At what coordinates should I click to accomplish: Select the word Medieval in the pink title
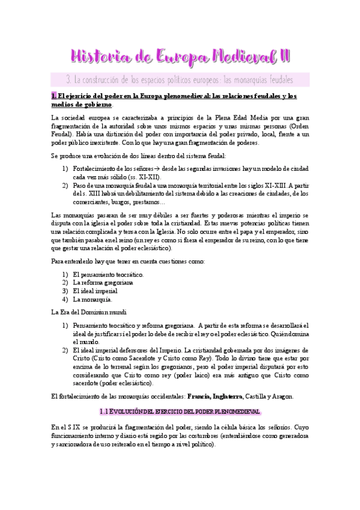(x=234, y=57)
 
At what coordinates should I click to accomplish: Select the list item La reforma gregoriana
(x=103, y=282)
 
